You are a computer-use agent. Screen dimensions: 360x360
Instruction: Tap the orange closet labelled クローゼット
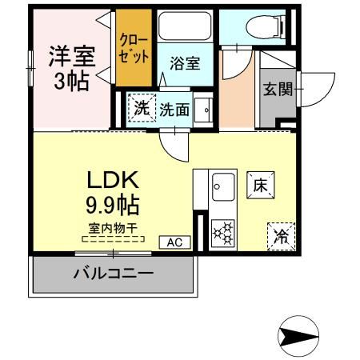pos(133,48)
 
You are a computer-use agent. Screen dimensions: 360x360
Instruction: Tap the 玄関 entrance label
pos(277,88)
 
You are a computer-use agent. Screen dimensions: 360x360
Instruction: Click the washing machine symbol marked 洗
pos(141,107)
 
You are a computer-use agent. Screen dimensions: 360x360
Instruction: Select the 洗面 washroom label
pos(174,110)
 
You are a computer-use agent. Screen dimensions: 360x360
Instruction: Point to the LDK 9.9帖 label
pos(112,192)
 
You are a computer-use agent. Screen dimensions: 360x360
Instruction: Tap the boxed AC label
pos(175,242)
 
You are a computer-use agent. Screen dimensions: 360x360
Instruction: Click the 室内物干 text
pos(112,227)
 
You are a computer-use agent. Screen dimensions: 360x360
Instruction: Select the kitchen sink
pos(222,189)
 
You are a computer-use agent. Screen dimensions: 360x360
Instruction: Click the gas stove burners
pos(222,232)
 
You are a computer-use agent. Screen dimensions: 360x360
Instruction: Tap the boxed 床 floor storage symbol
pos(260,185)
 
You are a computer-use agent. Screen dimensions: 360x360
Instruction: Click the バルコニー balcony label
pos(114,274)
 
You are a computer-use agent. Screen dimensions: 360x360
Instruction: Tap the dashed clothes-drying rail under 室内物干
pos(113,238)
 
